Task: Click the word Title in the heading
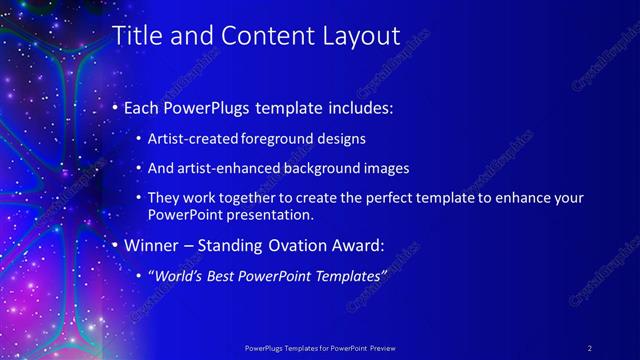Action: [x=135, y=36]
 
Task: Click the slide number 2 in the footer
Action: [x=589, y=347]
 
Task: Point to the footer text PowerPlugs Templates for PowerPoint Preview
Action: [x=320, y=347]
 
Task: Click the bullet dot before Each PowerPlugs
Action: [x=115, y=106]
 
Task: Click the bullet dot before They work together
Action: [x=139, y=198]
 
